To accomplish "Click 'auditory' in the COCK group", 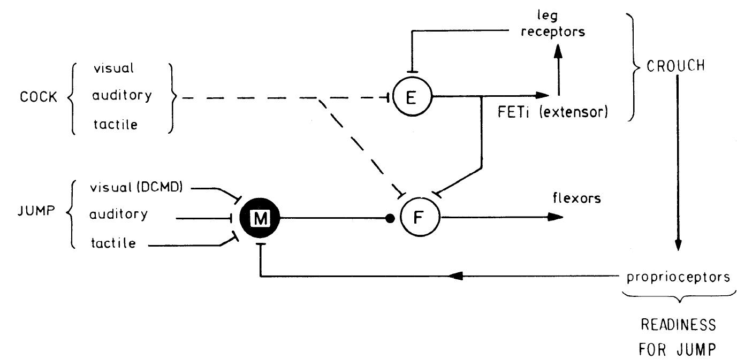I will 121,96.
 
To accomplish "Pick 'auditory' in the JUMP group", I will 119,214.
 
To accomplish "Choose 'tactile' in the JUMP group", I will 112,243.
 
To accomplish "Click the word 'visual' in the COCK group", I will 114,68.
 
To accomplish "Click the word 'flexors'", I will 577,199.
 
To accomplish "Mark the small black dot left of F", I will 390,218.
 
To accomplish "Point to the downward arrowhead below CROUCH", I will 678,244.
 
